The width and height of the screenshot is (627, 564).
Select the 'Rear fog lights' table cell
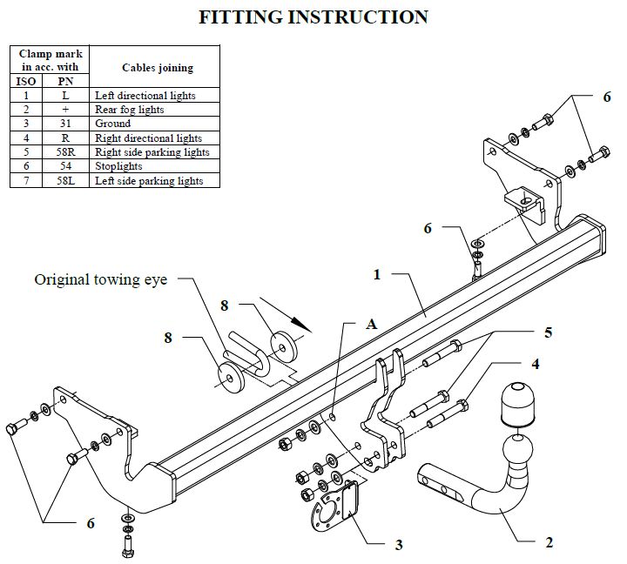(154, 109)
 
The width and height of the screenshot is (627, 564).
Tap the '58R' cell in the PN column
(65, 152)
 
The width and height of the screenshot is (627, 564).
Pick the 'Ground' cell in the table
(154, 124)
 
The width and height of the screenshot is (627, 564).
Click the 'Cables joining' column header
(158, 68)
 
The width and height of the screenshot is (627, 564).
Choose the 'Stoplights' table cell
(154, 166)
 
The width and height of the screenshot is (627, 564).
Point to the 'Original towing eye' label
(101, 279)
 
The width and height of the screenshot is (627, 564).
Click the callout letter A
(372, 324)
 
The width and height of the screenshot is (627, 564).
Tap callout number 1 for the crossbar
(377, 275)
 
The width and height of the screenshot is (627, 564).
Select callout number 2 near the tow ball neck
(549, 542)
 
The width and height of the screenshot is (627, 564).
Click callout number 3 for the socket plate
(399, 545)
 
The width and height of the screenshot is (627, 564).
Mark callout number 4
(536, 364)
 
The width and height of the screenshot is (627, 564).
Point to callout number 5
(549, 332)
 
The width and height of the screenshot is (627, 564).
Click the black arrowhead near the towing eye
(301, 324)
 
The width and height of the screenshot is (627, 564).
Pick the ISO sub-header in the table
(26, 81)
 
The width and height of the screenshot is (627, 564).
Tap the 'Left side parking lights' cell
(154, 180)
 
